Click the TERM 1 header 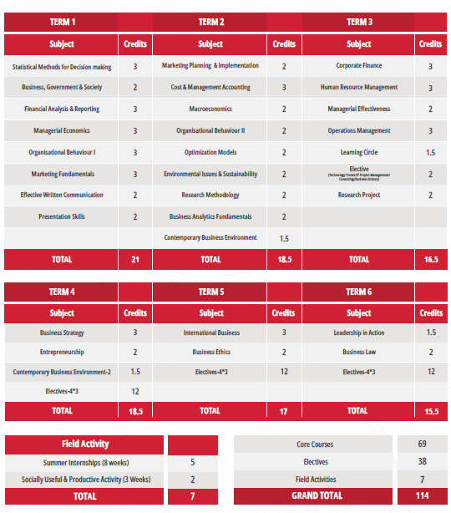pos(62,22)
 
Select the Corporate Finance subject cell pos(359,66)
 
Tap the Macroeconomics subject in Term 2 pos(210,109)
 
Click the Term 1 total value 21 pos(135,260)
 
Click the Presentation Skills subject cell pos(62,217)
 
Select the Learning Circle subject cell pos(359,153)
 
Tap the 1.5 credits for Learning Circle pos(430,153)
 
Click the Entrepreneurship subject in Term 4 pos(62,353)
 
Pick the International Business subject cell pos(211,333)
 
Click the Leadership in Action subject pos(359,333)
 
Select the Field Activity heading pos(85,444)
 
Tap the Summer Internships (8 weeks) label pos(85,462)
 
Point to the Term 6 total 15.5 pos(431,411)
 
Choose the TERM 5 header pos(210,292)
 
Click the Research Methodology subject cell pos(210,196)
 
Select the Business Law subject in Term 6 pos(359,353)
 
